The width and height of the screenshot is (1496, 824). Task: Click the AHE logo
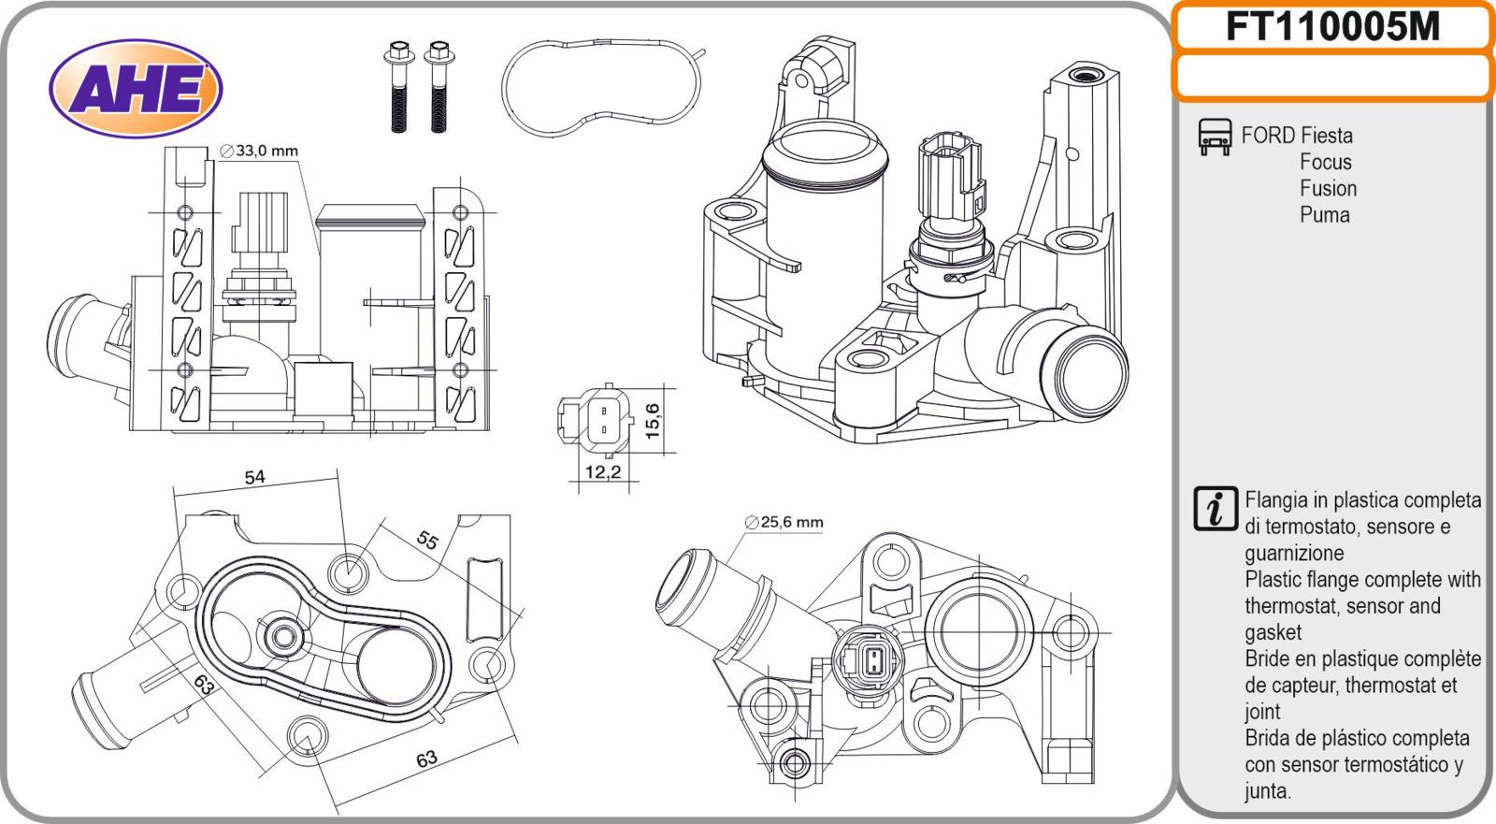click(136, 90)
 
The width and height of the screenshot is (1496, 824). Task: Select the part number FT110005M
click(1332, 27)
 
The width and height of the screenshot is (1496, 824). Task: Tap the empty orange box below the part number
click(1332, 77)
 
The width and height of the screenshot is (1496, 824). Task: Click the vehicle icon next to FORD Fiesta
click(1214, 137)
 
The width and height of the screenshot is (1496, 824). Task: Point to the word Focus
click(1325, 162)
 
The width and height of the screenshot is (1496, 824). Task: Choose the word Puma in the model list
click(1324, 215)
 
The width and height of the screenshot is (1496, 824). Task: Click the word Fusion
click(1328, 188)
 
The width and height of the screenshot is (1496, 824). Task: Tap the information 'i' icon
click(1215, 509)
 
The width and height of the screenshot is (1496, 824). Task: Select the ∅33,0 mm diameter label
click(259, 151)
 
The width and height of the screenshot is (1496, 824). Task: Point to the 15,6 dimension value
click(653, 421)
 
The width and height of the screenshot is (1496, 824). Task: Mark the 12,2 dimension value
click(602, 472)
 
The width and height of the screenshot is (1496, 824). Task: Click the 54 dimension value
click(254, 477)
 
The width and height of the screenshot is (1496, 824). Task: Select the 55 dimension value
click(426, 540)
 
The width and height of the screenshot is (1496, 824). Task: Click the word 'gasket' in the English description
click(1273, 633)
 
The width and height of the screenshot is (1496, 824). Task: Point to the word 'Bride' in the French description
click(1270, 658)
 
